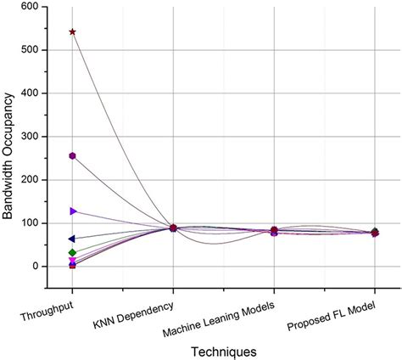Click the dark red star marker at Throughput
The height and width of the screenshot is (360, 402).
tap(73, 32)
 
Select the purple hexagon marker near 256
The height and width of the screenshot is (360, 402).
tap(73, 156)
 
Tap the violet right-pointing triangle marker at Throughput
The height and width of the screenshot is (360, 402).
tap(73, 211)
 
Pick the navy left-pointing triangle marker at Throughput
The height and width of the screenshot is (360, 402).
tap(73, 239)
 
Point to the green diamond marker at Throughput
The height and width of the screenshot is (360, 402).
tap(73, 253)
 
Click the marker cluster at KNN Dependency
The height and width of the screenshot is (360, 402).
tap(173, 228)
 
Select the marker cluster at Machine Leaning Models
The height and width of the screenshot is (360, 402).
tap(274, 231)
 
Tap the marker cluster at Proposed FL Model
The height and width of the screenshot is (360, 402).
tap(375, 232)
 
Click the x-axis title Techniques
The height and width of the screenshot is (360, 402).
tap(223, 350)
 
